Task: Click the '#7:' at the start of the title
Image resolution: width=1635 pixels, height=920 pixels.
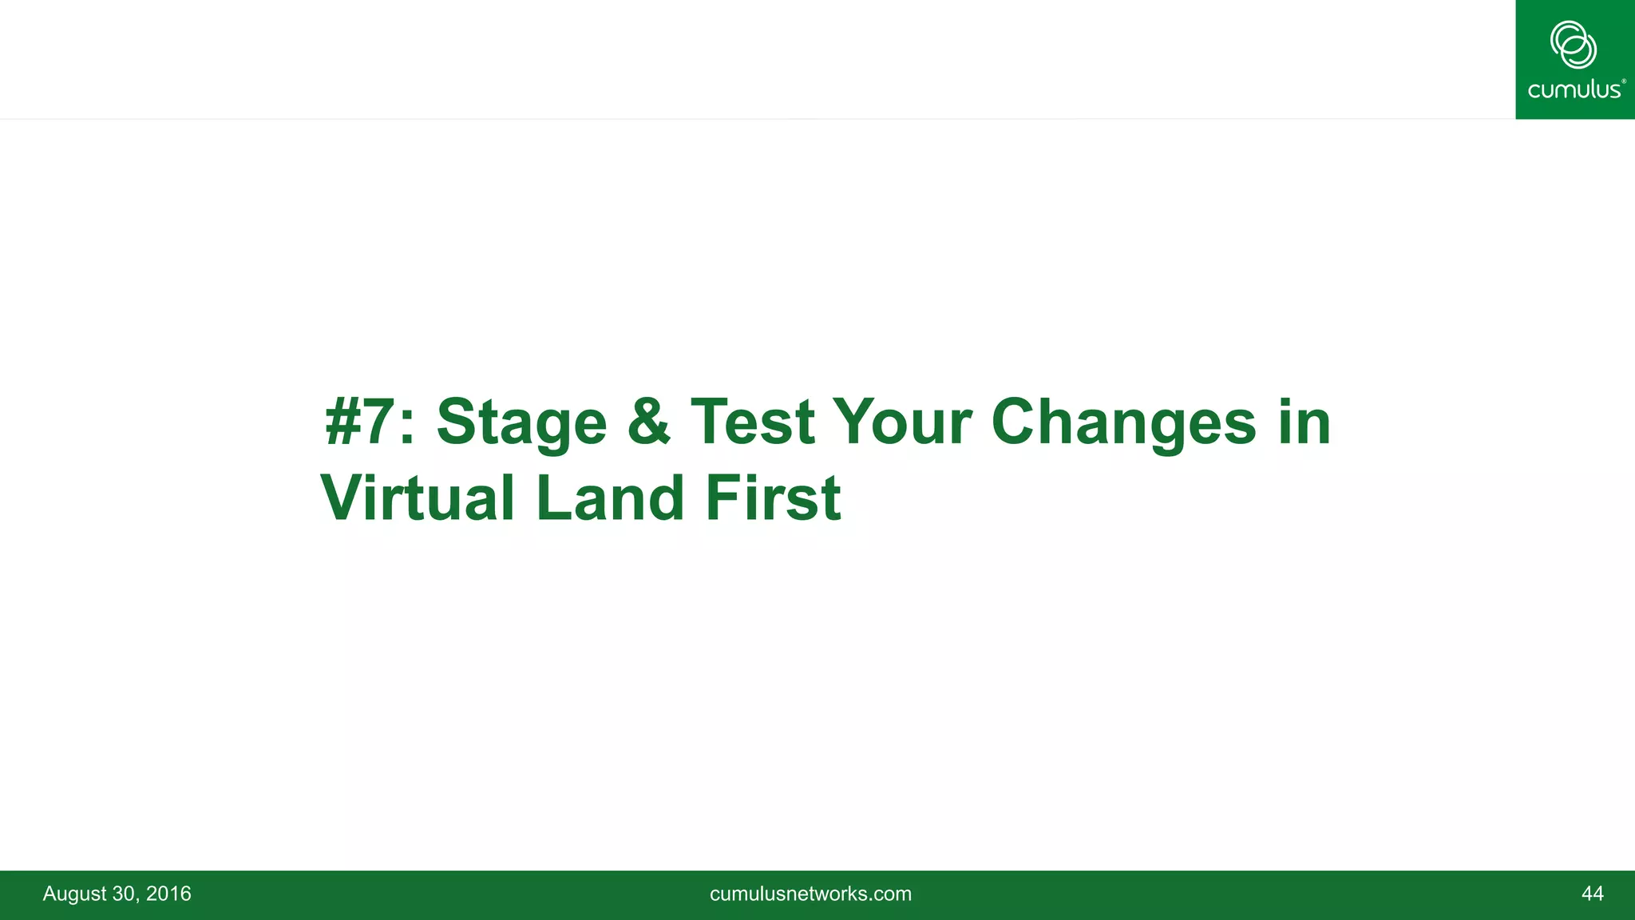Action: (x=370, y=422)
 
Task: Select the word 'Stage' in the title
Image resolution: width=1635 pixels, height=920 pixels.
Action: (x=521, y=423)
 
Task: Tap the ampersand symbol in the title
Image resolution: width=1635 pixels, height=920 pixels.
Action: (x=648, y=422)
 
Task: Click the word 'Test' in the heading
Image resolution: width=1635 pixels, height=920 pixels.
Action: (x=752, y=422)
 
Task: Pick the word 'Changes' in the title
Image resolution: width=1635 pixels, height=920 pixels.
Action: (x=1124, y=423)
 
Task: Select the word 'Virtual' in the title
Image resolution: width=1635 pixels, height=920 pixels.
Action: (x=418, y=498)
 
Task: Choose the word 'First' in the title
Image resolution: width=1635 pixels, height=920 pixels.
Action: (x=773, y=498)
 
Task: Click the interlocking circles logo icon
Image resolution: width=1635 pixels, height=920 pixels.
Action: (x=1574, y=45)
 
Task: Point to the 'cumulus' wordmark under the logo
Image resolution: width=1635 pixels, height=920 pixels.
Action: (x=1573, y=89)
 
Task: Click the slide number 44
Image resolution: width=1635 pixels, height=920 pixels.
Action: (x=1592, y=894)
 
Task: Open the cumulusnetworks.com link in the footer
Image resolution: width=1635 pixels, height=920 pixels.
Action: (x=810, y=894)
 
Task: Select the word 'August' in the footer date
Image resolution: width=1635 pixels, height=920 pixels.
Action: (x=73, y=894)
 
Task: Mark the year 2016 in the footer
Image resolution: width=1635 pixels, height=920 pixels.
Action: (x=168, y=894)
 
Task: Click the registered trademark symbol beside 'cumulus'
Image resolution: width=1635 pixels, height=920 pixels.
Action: (x=1623, y=81)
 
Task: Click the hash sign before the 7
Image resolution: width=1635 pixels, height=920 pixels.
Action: (x=344, y=422)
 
